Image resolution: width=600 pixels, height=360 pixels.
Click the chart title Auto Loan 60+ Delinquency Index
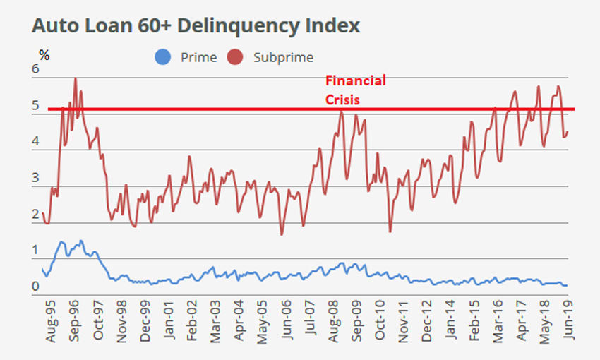tap(196, 26)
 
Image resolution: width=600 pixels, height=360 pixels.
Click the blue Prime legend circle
tap(164, 57)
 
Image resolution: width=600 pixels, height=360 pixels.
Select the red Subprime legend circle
tap(236, 57)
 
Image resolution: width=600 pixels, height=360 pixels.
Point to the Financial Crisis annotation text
tap(355, 90)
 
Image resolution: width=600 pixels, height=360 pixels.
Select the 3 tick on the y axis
tap(35, 179)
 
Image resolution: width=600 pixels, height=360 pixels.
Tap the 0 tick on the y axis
tap(35, 287)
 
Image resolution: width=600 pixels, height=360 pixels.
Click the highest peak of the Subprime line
tap(75, 78)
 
